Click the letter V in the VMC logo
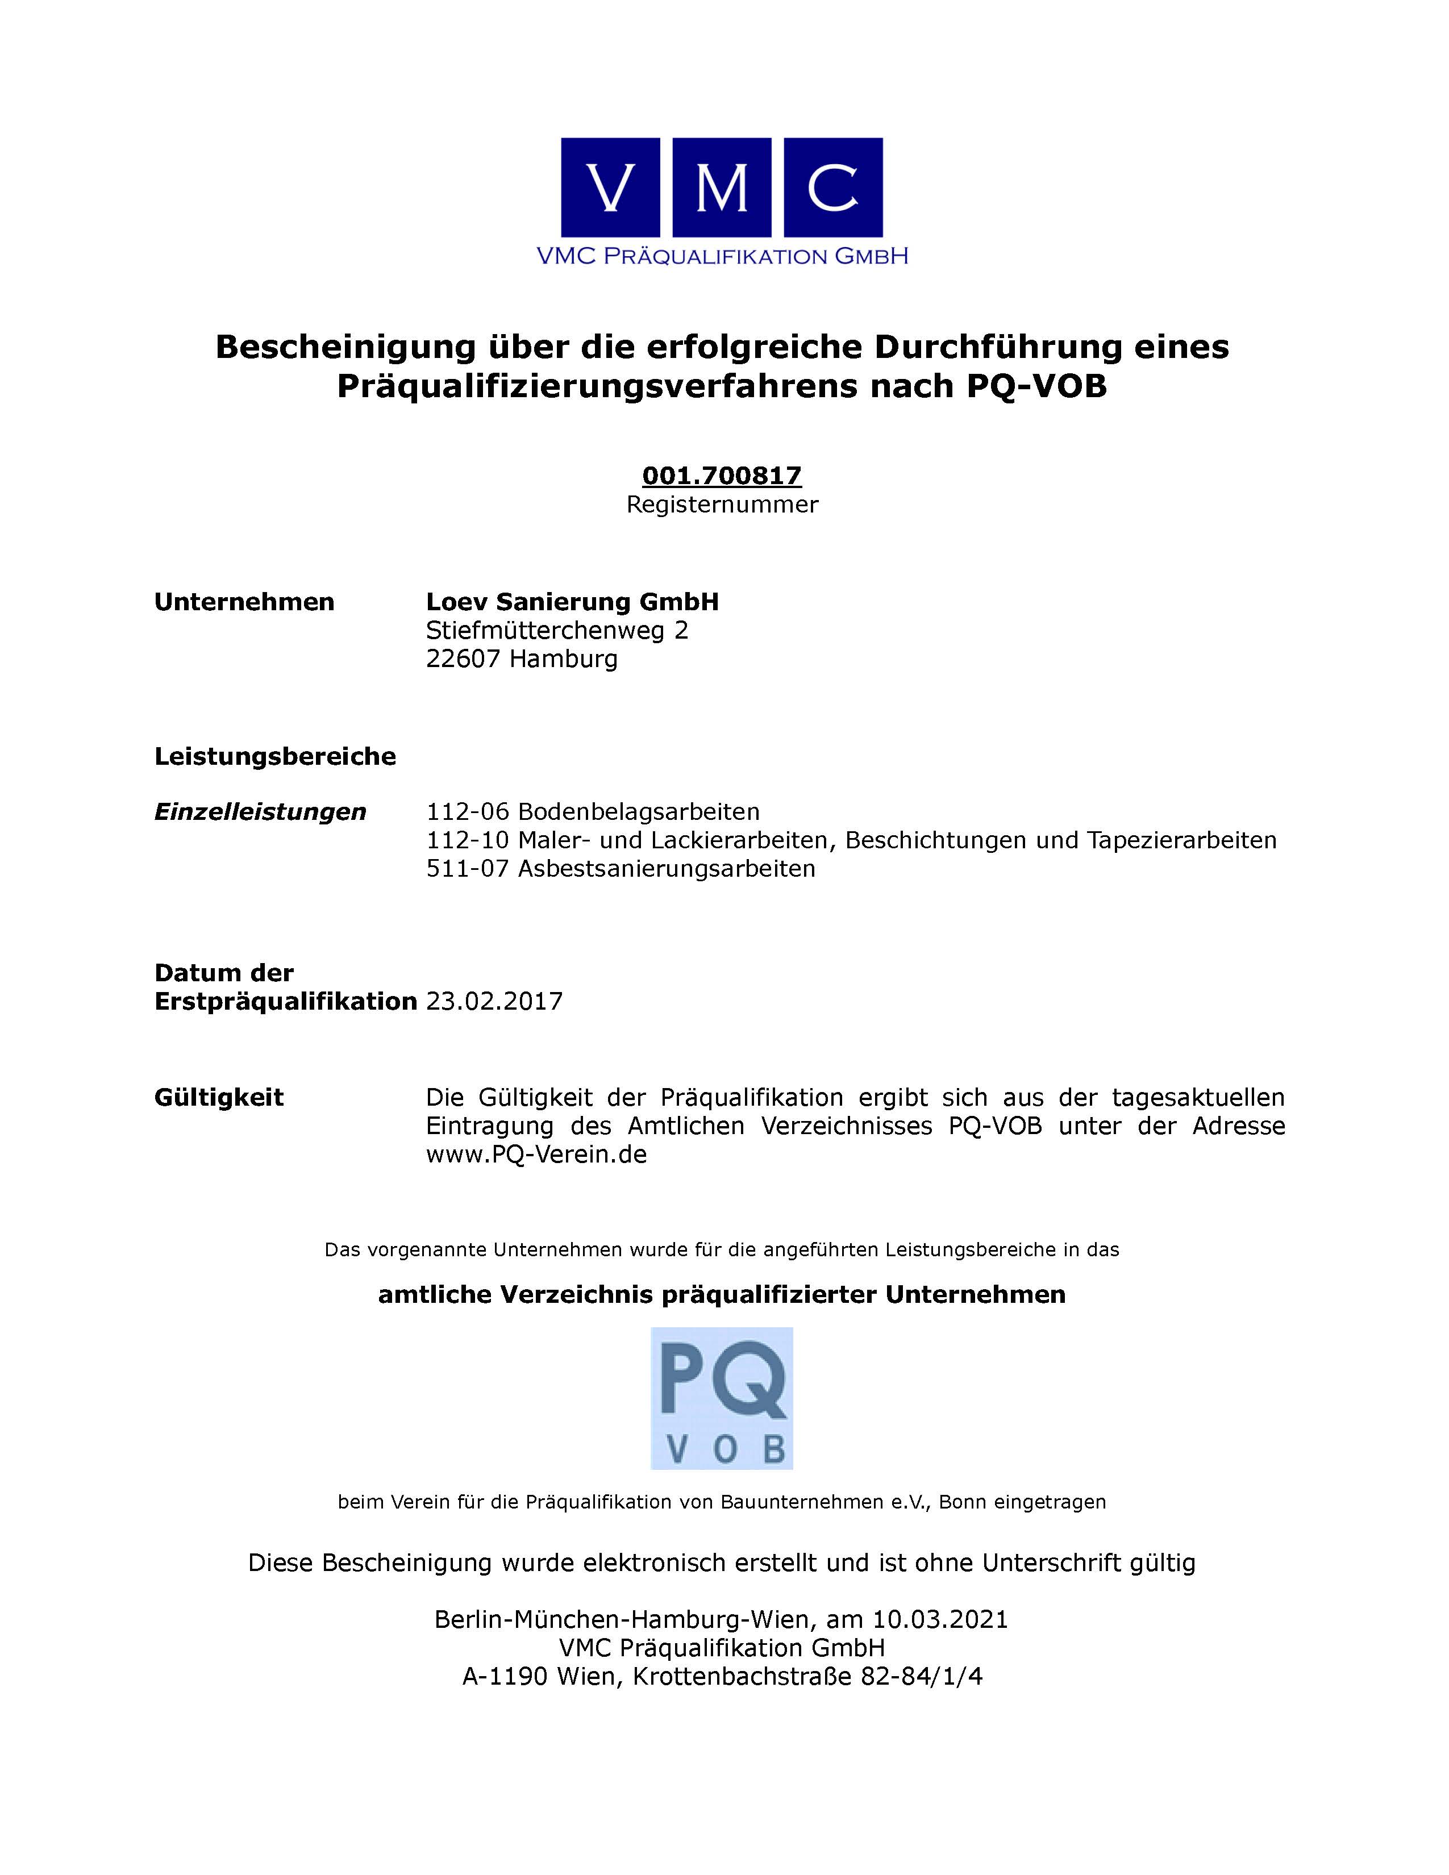(610, 187)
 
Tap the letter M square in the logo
(722, 187)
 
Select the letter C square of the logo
(832, 187)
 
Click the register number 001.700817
(722, 476)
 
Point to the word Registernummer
(722, 505)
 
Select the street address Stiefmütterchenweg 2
(557, 631)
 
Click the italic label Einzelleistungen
(260, 812)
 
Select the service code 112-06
(468, 812)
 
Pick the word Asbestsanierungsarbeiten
(666, 869)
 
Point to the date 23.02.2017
(494, 1002)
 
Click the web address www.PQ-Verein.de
(536, 1155)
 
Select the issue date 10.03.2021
(940, 1619)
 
